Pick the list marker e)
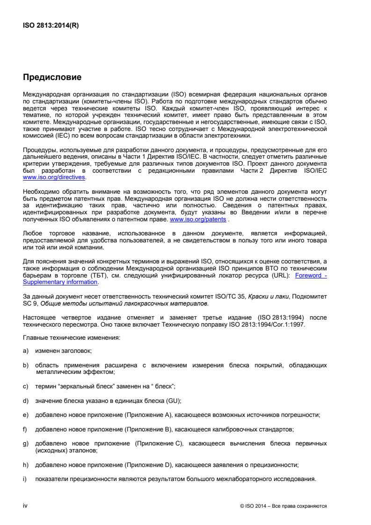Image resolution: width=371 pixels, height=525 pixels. (26, 415)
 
